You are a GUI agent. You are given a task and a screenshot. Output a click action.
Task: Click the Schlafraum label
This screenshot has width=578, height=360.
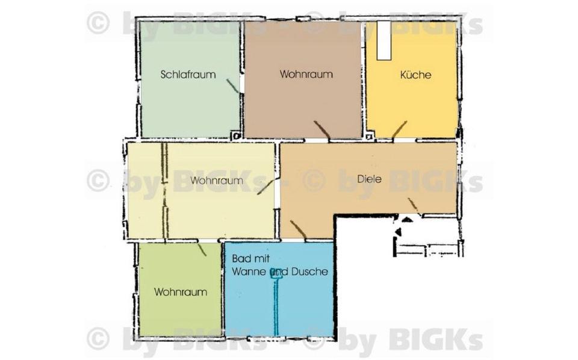[188, 75]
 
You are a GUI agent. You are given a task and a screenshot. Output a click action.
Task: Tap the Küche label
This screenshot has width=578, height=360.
[415, 75]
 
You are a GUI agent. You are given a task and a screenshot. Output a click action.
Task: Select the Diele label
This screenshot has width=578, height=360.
[369, 179]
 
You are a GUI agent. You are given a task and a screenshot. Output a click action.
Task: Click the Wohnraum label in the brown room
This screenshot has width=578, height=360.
[306, 75]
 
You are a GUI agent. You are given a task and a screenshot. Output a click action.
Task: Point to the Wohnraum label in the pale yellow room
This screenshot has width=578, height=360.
[217, 180]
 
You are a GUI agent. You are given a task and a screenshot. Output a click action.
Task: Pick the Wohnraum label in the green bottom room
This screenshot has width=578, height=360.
[181, 292]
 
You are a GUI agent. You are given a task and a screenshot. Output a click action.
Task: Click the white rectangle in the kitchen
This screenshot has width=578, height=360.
[384, 40]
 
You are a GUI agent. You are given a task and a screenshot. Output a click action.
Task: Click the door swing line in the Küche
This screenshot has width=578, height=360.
[399, 129]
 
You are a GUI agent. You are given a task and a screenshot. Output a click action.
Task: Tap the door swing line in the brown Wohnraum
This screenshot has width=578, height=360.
[321, 130]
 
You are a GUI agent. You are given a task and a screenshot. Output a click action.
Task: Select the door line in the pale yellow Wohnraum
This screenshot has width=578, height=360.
[266, 187]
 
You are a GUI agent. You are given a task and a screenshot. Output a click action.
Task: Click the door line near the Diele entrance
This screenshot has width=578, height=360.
[413, 204]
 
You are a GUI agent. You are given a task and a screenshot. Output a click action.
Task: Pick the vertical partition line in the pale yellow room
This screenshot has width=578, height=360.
[164, 190]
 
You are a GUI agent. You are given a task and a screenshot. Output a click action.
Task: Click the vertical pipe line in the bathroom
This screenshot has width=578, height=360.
[277, 307]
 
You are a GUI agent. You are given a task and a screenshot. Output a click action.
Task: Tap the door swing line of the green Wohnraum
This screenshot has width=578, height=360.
[202, 249]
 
